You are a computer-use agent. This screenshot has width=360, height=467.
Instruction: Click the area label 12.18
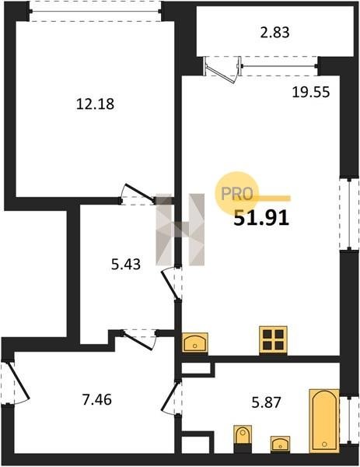point(95,104)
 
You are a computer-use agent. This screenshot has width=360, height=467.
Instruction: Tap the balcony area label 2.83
point(274,33)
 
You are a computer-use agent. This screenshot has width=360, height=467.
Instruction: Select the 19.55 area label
point(311,93)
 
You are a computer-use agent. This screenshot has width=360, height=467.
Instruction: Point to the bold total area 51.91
point(261,218)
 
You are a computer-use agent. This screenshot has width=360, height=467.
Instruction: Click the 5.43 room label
point(126,264)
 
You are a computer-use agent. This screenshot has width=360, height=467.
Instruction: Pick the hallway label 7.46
point(97,399)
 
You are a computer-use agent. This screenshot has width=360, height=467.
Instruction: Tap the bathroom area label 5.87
point(266,402)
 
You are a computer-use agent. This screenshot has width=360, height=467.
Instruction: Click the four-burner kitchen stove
point(273,340)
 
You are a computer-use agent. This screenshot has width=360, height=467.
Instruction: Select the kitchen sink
point(195,342)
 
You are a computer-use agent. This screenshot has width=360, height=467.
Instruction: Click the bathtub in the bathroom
point(324,420)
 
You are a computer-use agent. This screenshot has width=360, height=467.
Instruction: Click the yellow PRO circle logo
point(237,193)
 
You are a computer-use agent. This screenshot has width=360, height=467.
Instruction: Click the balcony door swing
point(222,71)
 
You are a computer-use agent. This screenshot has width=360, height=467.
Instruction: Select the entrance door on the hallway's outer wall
point(16,383)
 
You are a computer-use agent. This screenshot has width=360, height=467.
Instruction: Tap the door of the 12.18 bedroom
point(138,194)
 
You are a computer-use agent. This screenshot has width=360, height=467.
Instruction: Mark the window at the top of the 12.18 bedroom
point(95,12)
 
